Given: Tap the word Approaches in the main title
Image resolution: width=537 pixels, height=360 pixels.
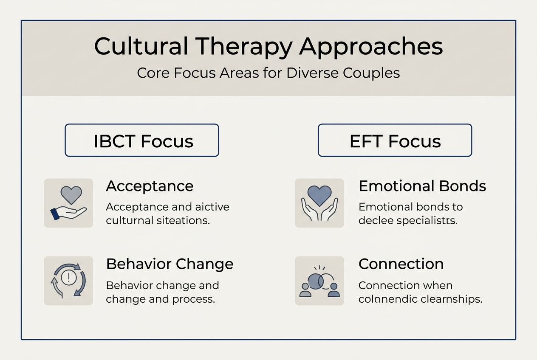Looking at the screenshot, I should click(371, 47).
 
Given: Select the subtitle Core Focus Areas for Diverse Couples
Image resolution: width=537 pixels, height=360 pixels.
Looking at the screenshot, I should click(268, 73).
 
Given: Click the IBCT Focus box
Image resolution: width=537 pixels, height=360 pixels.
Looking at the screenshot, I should click(142, 141).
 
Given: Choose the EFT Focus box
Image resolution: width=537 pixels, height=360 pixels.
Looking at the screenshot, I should click(395, 141).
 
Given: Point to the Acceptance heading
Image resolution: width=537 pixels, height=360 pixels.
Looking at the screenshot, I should click(150, 186).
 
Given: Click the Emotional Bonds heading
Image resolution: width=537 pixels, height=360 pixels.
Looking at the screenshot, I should click(422, 186).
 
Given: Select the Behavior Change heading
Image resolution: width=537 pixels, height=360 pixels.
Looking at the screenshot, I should click(170, 264).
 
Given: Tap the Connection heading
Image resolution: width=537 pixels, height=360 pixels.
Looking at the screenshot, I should click(401, 264).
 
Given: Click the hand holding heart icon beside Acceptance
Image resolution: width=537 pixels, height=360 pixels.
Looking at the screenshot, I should click(68, 203).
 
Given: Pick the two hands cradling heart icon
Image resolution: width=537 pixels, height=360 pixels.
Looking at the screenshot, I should click(319, 203).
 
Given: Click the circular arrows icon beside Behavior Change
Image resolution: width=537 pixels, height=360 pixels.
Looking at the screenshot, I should click(68, 281).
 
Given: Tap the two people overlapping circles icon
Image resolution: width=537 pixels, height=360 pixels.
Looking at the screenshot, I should click(319, 282).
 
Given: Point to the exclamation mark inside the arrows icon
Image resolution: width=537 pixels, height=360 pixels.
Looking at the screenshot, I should click(68, 278).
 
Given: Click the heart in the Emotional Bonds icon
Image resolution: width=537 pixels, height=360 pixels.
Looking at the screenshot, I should click(319, 196).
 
